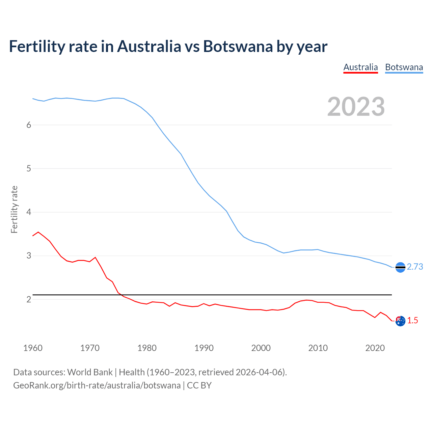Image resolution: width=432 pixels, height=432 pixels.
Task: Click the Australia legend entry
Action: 360,67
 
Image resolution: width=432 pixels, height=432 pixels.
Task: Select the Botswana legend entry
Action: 404,67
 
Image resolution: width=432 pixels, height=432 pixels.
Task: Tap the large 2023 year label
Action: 356,107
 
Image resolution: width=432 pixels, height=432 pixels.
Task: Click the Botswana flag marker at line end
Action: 400,267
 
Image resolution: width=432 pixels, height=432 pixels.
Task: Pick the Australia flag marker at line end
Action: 400,321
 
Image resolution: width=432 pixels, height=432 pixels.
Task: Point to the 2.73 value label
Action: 415,267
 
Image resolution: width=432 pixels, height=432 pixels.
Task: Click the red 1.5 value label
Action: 412,320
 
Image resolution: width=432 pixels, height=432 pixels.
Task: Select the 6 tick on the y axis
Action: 29,125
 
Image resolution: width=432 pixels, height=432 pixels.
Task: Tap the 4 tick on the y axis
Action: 29,212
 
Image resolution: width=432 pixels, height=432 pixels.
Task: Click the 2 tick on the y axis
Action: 29,299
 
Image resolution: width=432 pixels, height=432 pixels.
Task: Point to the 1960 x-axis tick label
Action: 33,348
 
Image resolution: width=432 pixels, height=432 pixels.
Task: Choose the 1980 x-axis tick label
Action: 147,348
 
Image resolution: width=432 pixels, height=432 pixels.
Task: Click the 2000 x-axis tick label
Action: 261,348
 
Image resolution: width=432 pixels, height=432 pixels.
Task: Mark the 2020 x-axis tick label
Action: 375,348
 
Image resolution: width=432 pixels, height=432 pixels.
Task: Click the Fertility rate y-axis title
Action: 14,209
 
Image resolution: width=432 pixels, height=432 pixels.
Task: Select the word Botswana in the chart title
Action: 238,46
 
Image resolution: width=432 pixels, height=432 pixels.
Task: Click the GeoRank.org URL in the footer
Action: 97,385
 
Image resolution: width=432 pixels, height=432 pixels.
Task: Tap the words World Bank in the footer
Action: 90,372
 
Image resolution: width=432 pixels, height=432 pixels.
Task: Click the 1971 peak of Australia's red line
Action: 95,257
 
